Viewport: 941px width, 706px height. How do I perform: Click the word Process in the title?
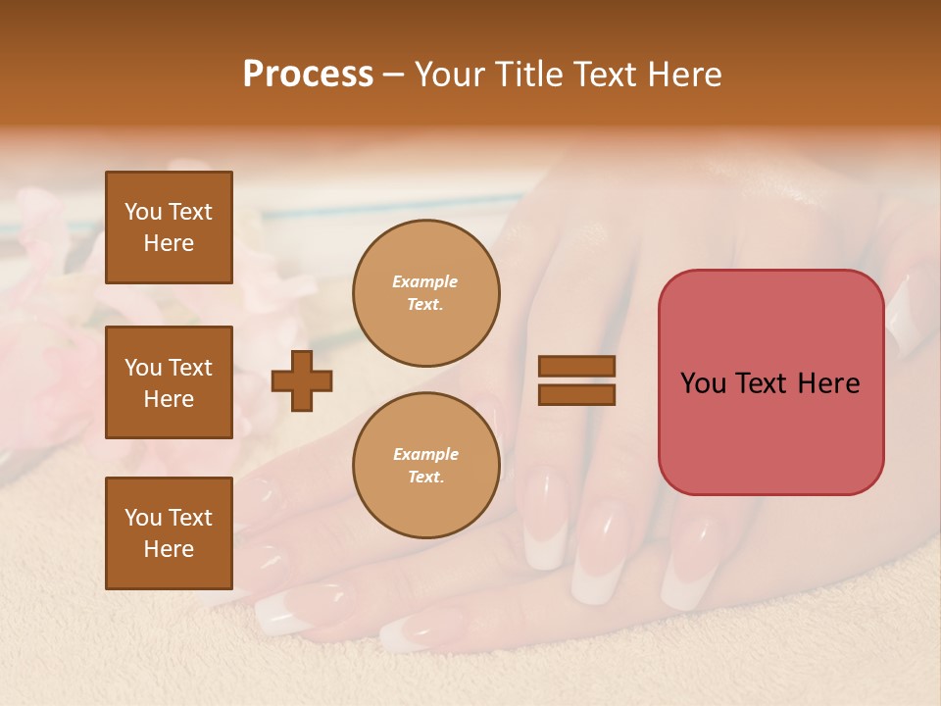coord(308,75)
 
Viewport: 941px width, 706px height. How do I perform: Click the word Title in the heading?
coord(525,75)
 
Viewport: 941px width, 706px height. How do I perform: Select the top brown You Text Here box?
coord(169,227)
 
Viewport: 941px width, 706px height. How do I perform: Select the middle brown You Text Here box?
coord(169,382)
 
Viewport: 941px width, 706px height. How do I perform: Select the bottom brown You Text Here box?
coord(169,533)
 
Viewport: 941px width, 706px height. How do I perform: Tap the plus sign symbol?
coord(302,380)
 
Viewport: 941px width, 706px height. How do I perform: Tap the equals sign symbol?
coord(576,380)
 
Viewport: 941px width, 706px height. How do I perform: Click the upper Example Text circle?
coord(425,293)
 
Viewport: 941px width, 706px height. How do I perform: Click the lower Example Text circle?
coord(425,466)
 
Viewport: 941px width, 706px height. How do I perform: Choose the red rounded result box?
coord(770,382)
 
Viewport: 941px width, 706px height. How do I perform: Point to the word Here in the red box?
coord(828,383)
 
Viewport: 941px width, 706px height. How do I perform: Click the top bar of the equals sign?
coord(576,367)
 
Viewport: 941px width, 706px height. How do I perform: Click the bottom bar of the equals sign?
coord(576,394)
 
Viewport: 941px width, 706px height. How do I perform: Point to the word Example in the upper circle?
coord(425,282)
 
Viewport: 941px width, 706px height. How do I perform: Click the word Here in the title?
coord(684,75)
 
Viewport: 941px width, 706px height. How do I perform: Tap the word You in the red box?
coord(705,383)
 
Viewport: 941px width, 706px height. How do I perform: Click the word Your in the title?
coord(451,75)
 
